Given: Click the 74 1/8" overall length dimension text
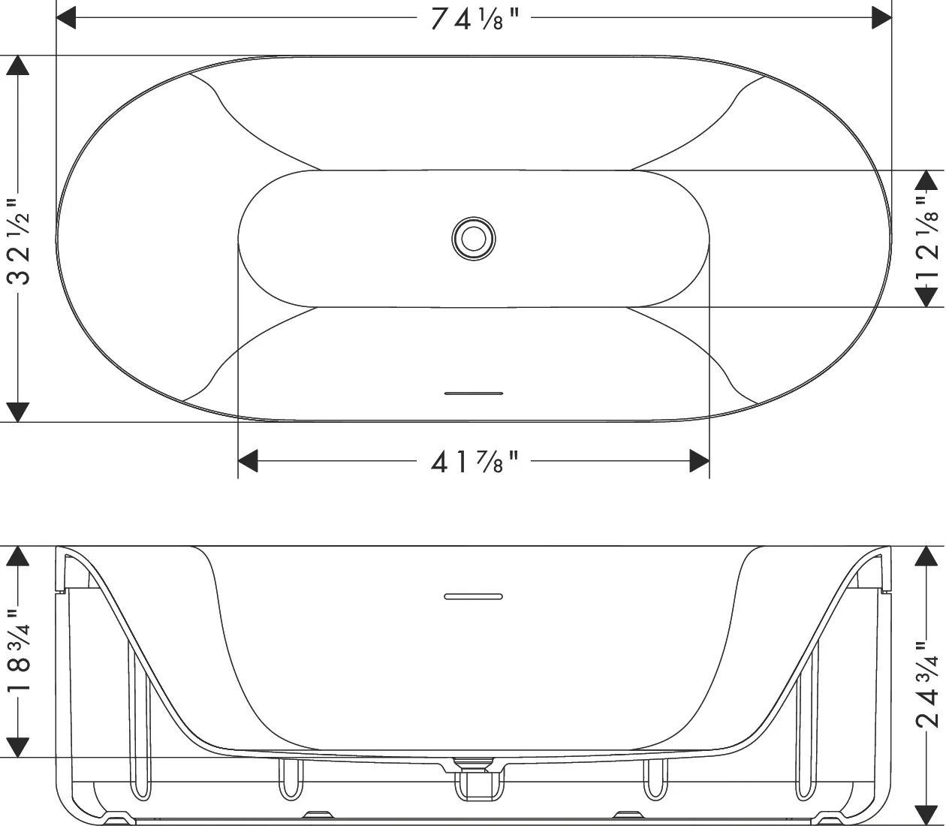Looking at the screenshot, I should [x=475, y=19].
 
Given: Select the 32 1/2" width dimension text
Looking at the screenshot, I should [x=19, y=240].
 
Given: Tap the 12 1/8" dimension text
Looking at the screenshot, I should [x=929, y=239].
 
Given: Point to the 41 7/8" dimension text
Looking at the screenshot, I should [x=475, y=461].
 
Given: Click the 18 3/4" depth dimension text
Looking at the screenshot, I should [x=19, y=652].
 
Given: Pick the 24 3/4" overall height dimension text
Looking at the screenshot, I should [x=929, y=683].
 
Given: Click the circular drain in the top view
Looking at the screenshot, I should [x=474, y=239].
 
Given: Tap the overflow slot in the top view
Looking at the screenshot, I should [x=474, y=393].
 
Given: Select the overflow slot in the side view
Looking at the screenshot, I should [x=473, y=597].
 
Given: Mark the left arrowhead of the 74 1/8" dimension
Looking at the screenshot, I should [x=67, y=18].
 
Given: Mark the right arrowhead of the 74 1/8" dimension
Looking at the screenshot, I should [x=881, y=18].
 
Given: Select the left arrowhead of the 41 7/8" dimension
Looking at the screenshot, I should [x=249, y=461].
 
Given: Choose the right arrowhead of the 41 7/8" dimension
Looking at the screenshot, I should [x=699, y=461].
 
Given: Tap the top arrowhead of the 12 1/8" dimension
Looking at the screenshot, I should [x=929, y=180].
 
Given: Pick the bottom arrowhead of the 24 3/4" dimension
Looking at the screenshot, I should [x=929, y=815].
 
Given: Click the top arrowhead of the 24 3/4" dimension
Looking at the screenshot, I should [x=929, y=556].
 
